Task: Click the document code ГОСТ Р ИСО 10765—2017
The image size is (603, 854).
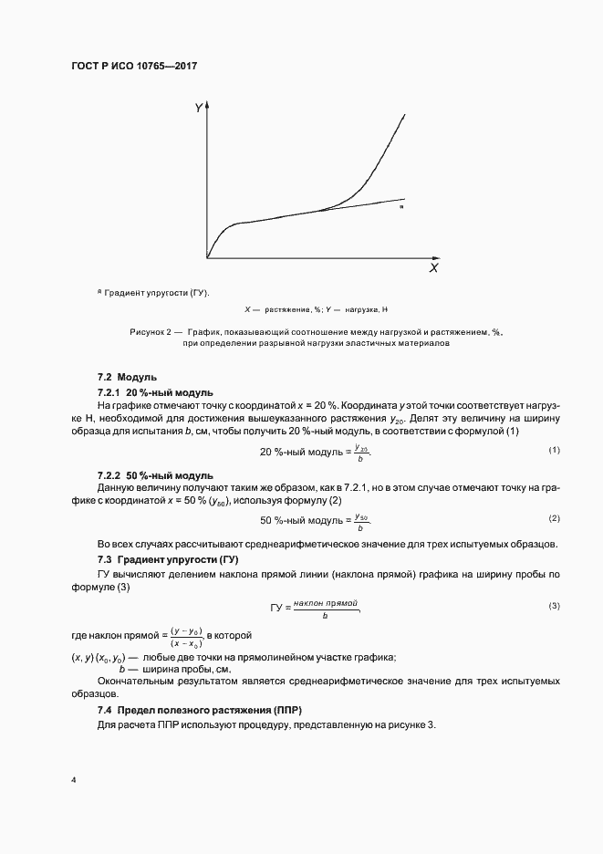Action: (134, 67)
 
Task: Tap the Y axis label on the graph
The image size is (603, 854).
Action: (198, 109)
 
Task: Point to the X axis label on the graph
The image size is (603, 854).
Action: (433, 269)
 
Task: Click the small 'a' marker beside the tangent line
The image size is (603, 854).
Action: (401, 208)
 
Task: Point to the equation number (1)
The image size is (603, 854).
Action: (553, 451)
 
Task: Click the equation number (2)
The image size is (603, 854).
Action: (553, 518)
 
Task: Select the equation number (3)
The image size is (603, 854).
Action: (553, 606)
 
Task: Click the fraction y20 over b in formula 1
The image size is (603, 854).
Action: (360, 453)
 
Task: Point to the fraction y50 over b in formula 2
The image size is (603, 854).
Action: (360, 521)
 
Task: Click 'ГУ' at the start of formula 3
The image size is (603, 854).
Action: (278, 607)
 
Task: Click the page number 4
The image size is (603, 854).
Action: (74, 781)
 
